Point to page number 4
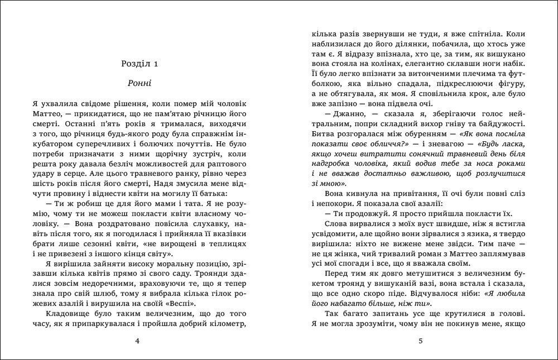point(137,340)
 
